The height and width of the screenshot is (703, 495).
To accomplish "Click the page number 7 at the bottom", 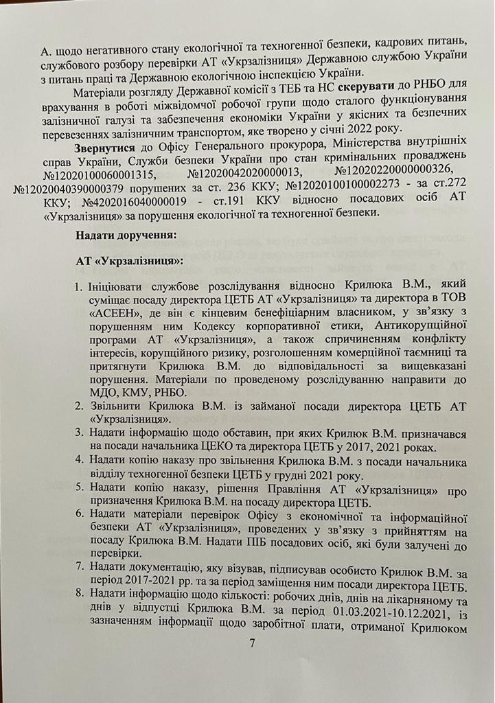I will point(252,643).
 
